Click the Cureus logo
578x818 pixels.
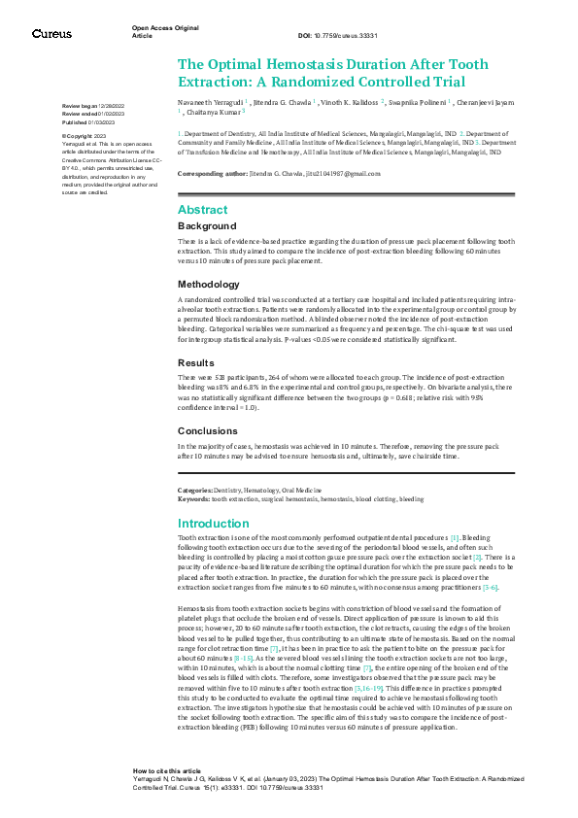tap(51, 33)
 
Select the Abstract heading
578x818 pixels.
tap(202, 209)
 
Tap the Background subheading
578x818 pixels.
tap(206, 225)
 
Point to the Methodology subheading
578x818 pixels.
tap(208, 285)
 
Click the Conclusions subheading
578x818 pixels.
tap(207, 430)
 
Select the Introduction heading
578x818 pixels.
tap(214, 523)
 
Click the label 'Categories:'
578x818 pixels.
tap(195, 492)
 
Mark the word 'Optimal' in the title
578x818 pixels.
tap(241, 63)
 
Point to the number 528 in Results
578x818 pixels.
tap(219, 375)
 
